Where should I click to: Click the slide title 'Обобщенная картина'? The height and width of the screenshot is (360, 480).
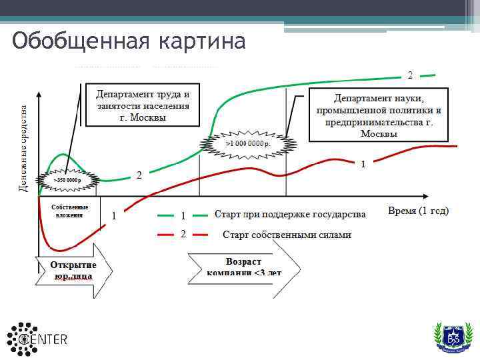129,41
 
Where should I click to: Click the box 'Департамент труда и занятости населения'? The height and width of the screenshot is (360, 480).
143,104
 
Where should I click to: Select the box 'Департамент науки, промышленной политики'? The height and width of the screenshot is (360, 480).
379,114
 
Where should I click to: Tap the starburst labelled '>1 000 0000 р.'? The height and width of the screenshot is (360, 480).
248,143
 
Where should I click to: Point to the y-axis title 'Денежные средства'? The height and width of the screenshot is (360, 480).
23,148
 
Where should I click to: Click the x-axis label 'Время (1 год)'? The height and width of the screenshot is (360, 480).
418,211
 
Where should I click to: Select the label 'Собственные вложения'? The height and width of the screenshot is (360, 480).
70,211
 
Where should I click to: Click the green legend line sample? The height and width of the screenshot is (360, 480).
165,215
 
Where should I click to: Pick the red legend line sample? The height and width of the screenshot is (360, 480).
165,235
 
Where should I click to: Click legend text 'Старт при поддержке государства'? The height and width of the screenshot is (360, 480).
290,215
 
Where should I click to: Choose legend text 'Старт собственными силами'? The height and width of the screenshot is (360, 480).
287,235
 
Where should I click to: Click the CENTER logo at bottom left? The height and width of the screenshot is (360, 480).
37,339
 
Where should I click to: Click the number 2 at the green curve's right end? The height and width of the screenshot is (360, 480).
410,74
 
